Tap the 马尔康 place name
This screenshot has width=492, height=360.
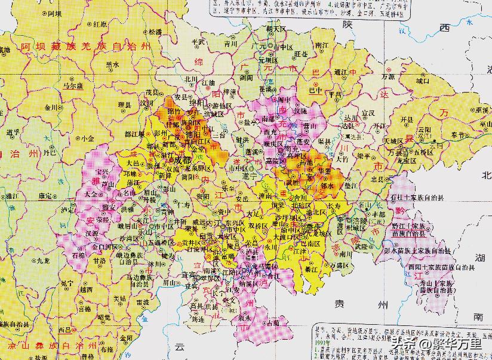coord(72,85)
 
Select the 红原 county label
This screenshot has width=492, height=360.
coord(100,24)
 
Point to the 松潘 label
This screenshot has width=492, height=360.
coord(155,31)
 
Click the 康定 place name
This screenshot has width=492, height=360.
coord(45,195)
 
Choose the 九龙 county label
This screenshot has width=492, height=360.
coord(42,260)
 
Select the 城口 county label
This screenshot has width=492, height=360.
coord(423,80)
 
